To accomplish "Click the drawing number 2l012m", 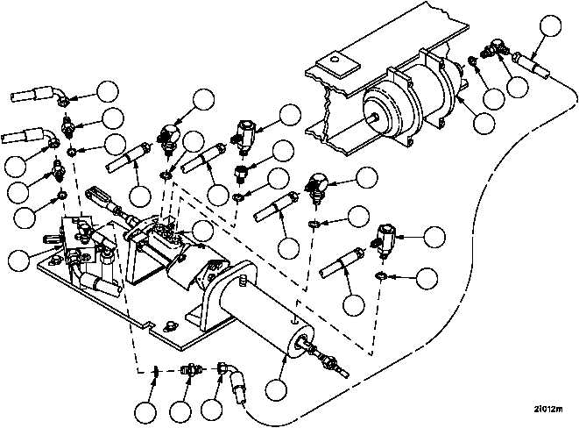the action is pos(548,410).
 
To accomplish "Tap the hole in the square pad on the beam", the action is pos(335,59).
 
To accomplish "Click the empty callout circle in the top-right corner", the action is pos(550,25).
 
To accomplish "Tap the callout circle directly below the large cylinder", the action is pos(276,388).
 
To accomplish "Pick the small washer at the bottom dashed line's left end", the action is pos(157,370).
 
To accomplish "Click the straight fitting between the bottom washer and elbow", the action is pos(189,369).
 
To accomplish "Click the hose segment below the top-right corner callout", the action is pos(532,64).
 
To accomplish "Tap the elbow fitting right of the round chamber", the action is pos(492,49).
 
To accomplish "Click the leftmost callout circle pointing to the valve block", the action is pos(18,260).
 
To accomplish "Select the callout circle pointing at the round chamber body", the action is pos(484,124).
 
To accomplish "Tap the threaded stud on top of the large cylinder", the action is pos(243,280).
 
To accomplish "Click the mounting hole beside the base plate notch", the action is pos(170,325).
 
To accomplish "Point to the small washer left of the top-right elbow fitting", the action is pos(472,60).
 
